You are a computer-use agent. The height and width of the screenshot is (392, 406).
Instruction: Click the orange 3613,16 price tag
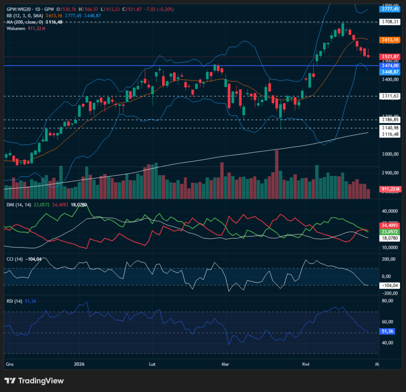coord(390,40)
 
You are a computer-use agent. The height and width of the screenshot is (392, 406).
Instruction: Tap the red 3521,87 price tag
coord(390,57)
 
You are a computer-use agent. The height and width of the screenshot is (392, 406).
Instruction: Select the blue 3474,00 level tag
coord(390,65)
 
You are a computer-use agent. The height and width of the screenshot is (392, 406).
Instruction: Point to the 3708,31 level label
coord(390,22)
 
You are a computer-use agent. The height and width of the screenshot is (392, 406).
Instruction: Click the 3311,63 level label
coord(390,96)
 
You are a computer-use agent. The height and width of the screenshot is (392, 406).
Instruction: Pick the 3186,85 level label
coord(390,119)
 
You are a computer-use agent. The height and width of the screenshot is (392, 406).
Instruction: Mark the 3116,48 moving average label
coord(390,134)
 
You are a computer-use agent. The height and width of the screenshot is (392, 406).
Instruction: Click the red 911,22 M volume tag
coord(390,189)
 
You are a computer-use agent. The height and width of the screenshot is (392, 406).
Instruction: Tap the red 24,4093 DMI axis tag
coord(390,225)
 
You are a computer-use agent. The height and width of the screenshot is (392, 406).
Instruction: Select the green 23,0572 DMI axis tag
coord(390,231)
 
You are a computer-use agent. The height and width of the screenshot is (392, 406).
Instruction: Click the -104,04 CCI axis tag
coord(390,285)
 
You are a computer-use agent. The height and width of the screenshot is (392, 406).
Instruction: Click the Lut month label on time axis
coord(152,364)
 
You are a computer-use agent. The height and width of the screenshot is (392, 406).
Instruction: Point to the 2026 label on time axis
coord(79,364)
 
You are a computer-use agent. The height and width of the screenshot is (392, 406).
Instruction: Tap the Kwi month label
coord(306,364)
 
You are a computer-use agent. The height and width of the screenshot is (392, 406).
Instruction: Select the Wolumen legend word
coord(16,28)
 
